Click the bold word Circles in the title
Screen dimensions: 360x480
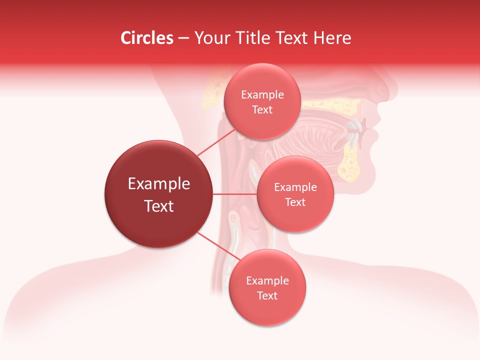tap(146, 38)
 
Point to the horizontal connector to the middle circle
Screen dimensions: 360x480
tap(234, 194)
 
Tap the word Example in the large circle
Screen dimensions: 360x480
tap(158, 184)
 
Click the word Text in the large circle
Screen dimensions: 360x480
tap(158, 206)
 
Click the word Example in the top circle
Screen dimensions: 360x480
tap(262, 95)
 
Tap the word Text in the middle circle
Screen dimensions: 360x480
tap(295, 202)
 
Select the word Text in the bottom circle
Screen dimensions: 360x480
tap(267, 296)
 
